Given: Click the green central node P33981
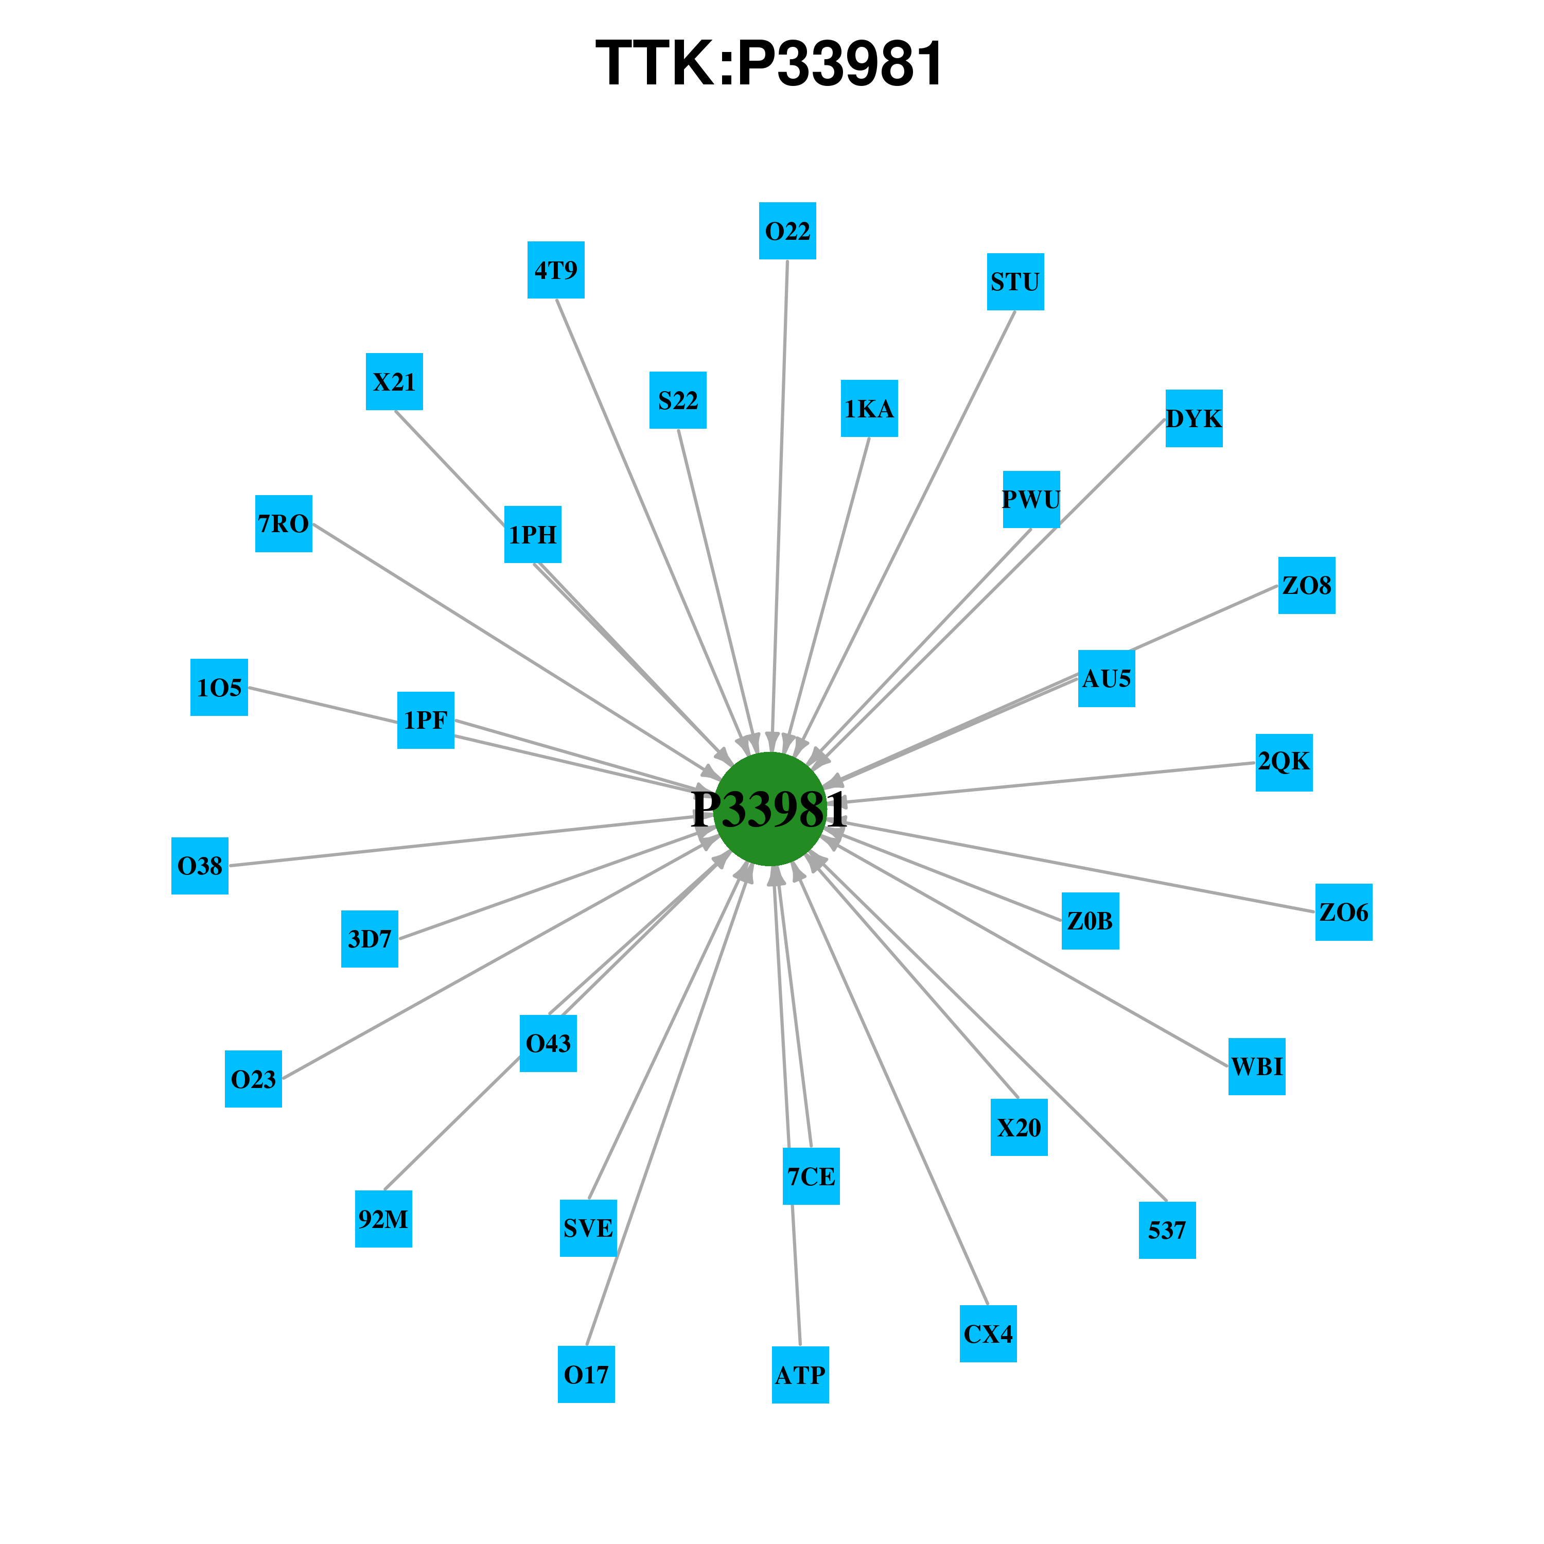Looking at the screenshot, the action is [769, 809].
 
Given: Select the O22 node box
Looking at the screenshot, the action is [787, 231].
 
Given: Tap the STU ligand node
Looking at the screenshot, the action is [1015, 282].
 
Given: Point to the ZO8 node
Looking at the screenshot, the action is [1307, 586].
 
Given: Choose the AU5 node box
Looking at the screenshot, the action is [1106, 678].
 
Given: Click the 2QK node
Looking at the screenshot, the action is [1284, 762].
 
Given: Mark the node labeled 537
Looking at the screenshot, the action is [1167, 1230].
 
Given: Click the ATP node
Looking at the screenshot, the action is [800, 1375].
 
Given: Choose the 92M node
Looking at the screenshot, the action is [383, 1219].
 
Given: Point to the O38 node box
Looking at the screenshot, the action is [200, 866].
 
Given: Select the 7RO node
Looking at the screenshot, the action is [284, 523].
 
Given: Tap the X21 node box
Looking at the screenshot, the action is [394, 382].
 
